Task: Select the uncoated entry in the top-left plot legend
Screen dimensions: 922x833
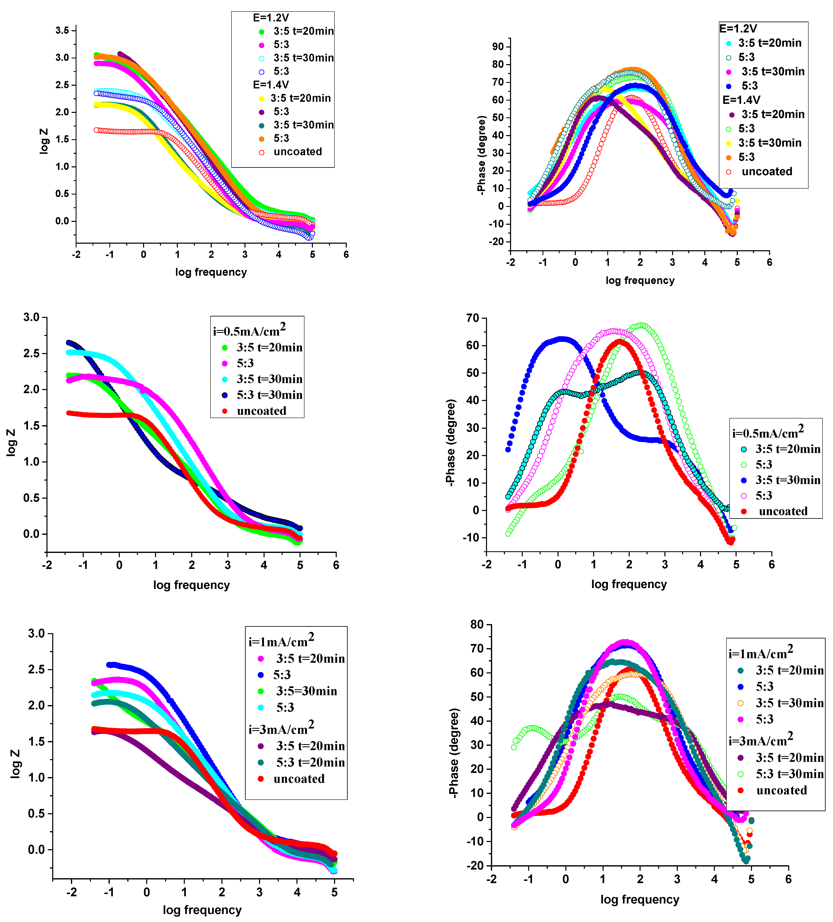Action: (x=298, y=152)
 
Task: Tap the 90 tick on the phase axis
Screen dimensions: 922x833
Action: (x=498, y=47)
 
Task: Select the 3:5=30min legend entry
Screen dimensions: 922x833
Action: (x=306, y=691)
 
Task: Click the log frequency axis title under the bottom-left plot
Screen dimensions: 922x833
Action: (x=202, y=910)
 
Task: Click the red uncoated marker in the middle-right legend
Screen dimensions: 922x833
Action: (x=744, y=511)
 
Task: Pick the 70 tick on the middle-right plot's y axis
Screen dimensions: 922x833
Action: (x=473, y=318)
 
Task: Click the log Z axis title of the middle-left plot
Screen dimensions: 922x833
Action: (x=11, y=442)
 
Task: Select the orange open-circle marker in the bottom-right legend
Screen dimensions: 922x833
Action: (x=741, y=703)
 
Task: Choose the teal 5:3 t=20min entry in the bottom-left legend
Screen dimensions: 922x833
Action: (x=310, y=762)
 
